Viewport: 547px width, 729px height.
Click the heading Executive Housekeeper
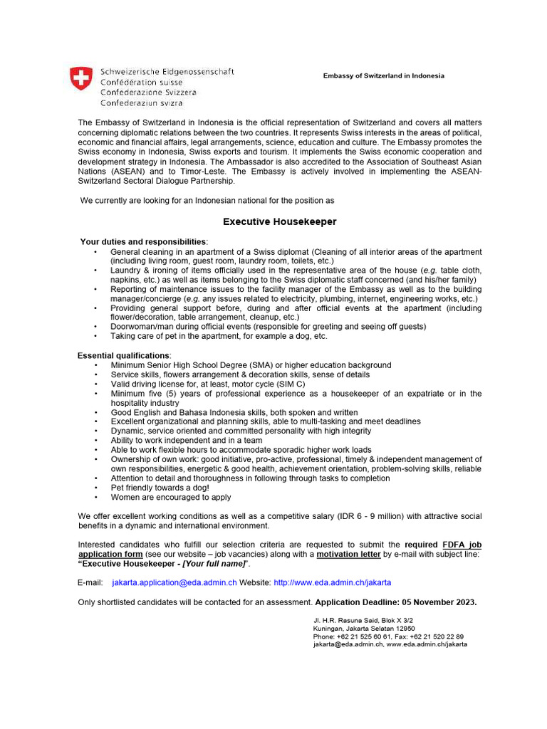[279, 222]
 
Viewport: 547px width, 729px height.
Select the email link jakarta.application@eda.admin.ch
[174, 582]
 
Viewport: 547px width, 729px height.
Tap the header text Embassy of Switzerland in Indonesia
[383, 75]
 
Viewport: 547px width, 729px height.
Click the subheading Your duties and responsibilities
[143, 242]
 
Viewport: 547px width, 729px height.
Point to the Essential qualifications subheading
[124, 355]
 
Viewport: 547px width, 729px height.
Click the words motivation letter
[350, 553]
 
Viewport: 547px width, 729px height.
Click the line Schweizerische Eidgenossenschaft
[167, 72]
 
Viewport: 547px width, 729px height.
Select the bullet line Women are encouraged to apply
[171, 498]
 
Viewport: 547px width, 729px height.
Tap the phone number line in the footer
[388, 636]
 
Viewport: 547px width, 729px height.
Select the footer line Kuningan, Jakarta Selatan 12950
[363, 629]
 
